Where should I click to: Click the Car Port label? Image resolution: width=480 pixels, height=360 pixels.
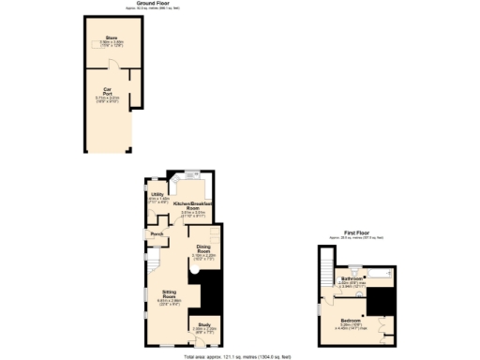click(108, 92)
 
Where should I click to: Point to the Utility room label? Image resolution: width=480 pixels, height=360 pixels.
click(157, 194)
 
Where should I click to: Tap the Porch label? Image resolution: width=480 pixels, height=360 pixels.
click(157, 232)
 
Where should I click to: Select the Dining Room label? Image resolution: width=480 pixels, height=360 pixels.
click(204, 248)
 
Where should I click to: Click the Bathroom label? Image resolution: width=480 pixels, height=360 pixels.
click(352, 278)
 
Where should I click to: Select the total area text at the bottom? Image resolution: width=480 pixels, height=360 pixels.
click(239, 355)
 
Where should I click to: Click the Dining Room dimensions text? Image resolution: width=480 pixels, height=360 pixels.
click(204, 256)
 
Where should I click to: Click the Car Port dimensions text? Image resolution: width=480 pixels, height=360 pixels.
click(108, 99)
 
